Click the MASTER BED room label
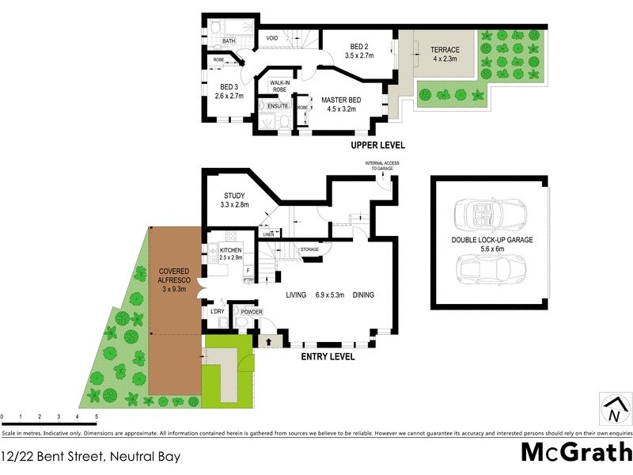pyautogui.click(x=341, y=100)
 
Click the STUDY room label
pyautogui.click(x=234, y=196)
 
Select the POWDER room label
pyautogui.click(x=252, y=312)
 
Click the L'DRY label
pyautogui.click(x=218, y=312)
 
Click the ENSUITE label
pyautogui.click(x=278, y=105)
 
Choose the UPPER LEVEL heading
pyautogui.click(x=379, y=145)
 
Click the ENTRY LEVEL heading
pyautogui.click(x=328, y=356)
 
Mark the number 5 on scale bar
pyautogui.click(x=96, y=416)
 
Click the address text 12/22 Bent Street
pyautogui.click(x=91, y=456)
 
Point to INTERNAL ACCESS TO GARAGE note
pyautogui.click(x=382, y=165)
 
